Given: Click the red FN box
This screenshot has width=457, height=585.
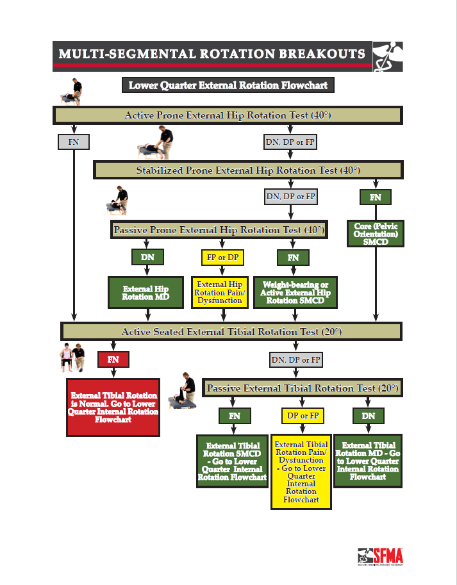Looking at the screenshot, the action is click(113, 359).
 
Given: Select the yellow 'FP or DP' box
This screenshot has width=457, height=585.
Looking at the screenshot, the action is click(222, 258).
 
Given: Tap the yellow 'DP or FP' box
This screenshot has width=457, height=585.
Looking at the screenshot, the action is click(303, 416).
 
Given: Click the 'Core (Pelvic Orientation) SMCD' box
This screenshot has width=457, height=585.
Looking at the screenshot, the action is click(376, 234).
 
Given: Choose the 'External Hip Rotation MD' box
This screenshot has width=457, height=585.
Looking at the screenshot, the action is click(146, 292).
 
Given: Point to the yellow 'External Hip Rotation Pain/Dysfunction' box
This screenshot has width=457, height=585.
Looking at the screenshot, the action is click(220, 292).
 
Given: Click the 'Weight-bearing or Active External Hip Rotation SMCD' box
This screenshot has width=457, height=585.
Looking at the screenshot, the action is click(295, 292).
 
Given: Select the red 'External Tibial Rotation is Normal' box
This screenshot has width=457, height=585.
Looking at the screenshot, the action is click(113, 408).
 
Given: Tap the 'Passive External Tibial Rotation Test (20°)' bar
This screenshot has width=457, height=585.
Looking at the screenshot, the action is click(303, 388).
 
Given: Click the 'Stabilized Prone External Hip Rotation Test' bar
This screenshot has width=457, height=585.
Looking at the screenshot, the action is click(248, 170).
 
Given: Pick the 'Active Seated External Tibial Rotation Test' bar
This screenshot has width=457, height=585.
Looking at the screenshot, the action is click(231, 331).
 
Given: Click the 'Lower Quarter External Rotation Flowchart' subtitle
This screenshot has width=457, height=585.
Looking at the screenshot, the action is click(228, 85).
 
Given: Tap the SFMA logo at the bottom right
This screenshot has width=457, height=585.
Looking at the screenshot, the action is click(380, 557).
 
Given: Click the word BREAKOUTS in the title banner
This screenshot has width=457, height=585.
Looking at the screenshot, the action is click(322, 54).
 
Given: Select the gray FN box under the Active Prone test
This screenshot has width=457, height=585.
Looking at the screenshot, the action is click(74, 142).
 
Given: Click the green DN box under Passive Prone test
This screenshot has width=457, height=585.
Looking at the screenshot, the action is click(147, 257).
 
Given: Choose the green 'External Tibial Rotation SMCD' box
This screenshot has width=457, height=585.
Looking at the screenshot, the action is click(233, 461).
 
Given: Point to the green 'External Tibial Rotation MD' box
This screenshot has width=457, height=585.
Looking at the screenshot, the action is click(368, 461).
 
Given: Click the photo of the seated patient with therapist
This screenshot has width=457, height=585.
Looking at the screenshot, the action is click(72, 358).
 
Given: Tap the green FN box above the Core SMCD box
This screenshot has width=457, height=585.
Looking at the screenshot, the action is click(376, 197).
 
